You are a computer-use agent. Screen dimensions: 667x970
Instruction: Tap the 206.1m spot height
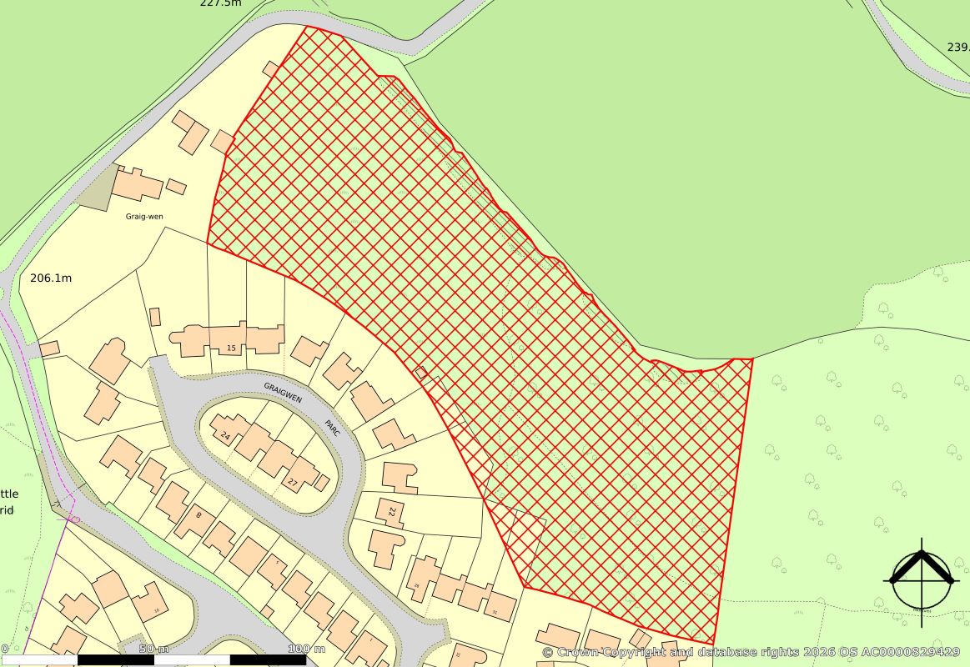50,278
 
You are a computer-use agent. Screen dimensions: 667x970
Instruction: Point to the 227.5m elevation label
220,3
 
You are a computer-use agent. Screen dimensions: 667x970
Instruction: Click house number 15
232,347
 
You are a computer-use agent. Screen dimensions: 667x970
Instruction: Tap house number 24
225,435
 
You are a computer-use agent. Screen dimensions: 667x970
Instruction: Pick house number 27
293,482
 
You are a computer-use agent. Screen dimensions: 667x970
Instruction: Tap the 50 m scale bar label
153,649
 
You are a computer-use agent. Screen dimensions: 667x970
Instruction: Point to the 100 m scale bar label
306,649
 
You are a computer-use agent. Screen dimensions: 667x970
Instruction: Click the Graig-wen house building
138,183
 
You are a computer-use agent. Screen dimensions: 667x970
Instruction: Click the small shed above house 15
154,317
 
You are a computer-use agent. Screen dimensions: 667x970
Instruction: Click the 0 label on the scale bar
4,649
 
